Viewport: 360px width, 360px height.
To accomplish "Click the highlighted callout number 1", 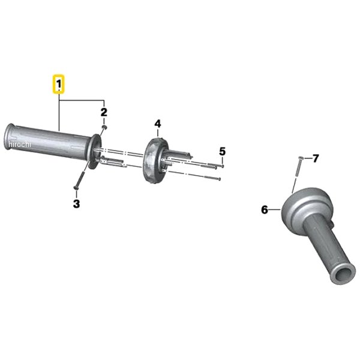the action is tap(59, 84).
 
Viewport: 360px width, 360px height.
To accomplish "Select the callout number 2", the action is tap(104, 112).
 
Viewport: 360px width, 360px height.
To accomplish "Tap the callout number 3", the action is tap(76, 203).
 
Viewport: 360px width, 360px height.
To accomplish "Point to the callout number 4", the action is tap(158, 124).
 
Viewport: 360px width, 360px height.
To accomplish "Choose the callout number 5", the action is tap(222, 152).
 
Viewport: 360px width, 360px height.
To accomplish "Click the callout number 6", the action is tap(265, 209).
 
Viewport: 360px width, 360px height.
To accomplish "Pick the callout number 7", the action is tap(316, 158).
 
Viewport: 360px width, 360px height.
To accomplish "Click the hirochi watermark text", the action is tap(20, 145).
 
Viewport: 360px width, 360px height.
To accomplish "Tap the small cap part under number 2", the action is tap(104, 127).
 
